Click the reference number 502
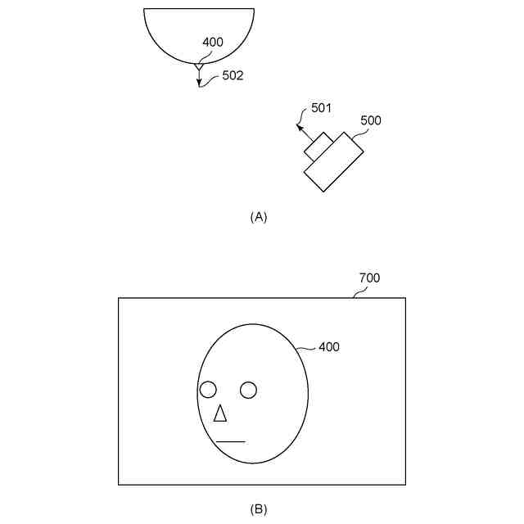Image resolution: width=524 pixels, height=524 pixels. pos(233,76)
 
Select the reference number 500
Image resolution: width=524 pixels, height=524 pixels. pos(371,120)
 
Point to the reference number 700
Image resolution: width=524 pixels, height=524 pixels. pos(370,278)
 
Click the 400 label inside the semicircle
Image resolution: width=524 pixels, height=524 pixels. pos(212,42)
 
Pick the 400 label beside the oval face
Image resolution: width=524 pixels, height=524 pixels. pos(329,347)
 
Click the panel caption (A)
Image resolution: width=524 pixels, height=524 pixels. pos(259,217)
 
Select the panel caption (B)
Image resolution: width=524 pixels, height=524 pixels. pos(259,509)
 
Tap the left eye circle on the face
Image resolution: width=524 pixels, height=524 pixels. pos(208,390)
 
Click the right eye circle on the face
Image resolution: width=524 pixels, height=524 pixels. pos(249,390)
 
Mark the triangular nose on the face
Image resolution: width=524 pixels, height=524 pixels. pos(219,414)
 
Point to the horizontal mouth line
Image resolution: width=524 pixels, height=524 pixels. pos(230,442)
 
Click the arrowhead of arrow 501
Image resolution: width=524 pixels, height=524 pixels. pos(300,126)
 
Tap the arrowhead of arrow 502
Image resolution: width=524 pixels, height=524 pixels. pos(198,84)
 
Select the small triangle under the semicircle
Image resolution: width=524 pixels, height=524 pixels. pos(198,65)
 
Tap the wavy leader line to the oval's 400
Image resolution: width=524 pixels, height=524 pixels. pos(306,350)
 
